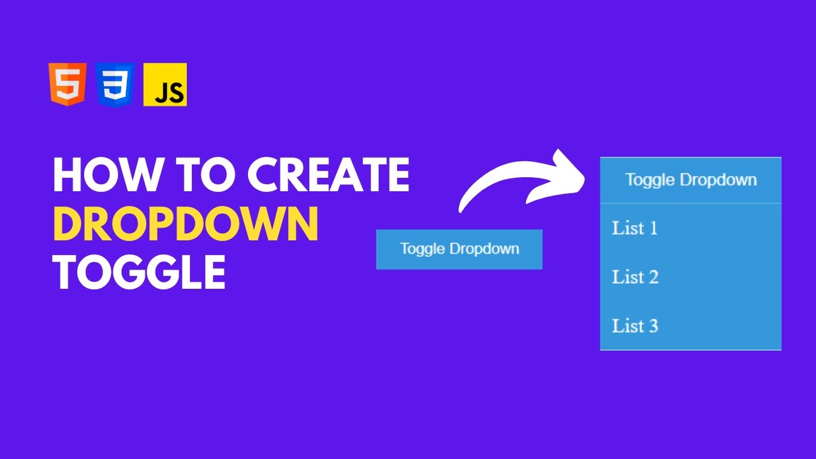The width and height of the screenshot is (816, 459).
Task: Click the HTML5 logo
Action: click(67, 84)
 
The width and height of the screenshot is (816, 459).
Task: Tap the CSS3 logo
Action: click(115, 84)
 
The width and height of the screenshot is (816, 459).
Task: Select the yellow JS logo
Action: click(165, 84)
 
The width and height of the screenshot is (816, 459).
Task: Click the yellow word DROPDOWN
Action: click(186, 224)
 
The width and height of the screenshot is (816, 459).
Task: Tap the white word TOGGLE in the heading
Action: click(139, 272)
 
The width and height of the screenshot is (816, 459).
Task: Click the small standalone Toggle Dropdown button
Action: click(459, 249)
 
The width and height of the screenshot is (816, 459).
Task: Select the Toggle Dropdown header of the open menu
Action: click(690, 180)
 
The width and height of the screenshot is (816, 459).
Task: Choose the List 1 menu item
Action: click(635, 228)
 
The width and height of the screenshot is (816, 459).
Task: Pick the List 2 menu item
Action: click(635, 277)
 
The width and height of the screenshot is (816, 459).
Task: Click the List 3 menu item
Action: click(635, 326)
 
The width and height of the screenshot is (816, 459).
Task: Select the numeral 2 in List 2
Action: click(652, 277)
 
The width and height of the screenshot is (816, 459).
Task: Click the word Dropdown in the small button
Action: click(488, 249)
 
